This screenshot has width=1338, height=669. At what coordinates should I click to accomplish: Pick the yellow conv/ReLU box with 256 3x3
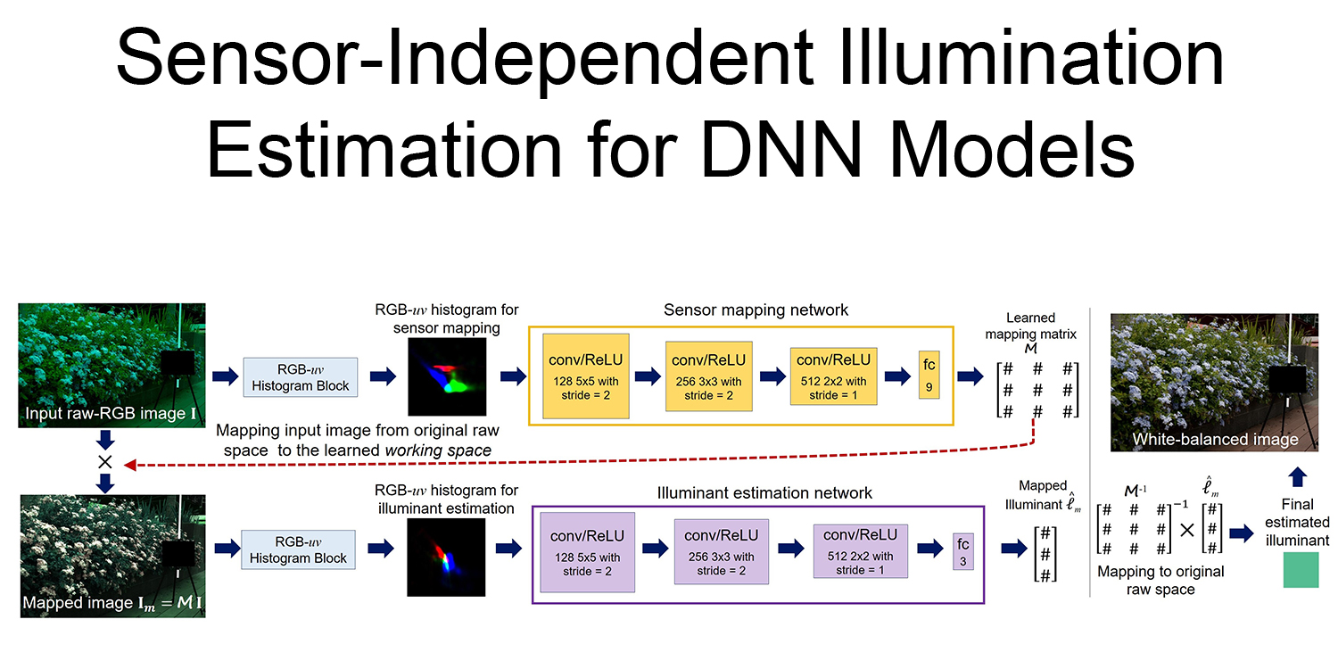[x=710, y=376]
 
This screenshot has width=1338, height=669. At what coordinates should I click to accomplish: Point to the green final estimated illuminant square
[x=1301, y=570]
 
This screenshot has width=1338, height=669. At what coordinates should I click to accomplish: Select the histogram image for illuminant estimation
[x=446, y=557]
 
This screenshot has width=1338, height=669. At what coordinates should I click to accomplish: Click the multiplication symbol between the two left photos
[x=105, y=461]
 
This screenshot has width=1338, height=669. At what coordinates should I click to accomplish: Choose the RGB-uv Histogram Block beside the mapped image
[x=298, y=549]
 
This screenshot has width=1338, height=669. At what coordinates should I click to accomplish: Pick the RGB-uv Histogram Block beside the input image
[x=300, y=376]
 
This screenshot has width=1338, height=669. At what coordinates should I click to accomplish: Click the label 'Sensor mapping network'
[x=756, y=310]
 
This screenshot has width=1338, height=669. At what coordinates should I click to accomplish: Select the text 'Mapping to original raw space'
[x=1160, y=581]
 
